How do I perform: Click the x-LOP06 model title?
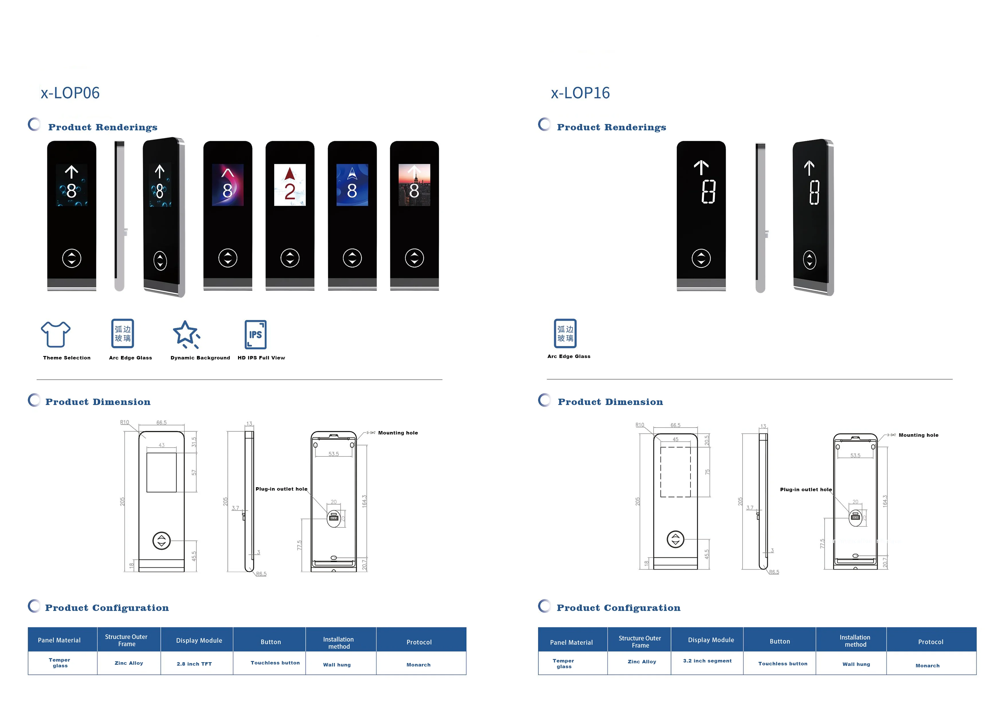(x=70, y=93)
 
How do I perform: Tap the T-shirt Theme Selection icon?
(x=56, y=334)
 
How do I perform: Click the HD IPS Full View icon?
(x=256, y=335)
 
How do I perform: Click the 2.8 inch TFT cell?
(x=194, y=664)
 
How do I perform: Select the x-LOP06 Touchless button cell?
(x=275, y=663)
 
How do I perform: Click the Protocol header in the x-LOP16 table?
(x=930, y=642)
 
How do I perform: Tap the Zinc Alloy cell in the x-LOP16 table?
(x=642, y=661)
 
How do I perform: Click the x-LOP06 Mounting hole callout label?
(x=398, y=433)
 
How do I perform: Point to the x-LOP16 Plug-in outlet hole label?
(x=806, y=489)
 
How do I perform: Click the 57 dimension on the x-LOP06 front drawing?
(x=194, y=473)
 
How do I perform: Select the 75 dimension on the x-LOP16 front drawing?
(x=707, y=472)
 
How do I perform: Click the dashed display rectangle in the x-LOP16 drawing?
(x=675, y=472)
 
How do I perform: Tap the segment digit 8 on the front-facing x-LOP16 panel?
(x=708, y=192)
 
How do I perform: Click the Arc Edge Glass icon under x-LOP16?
(x=565, y=333)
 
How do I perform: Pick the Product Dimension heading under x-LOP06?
(x=98, y=402)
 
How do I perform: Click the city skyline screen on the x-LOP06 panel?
(x=414, y=185)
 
